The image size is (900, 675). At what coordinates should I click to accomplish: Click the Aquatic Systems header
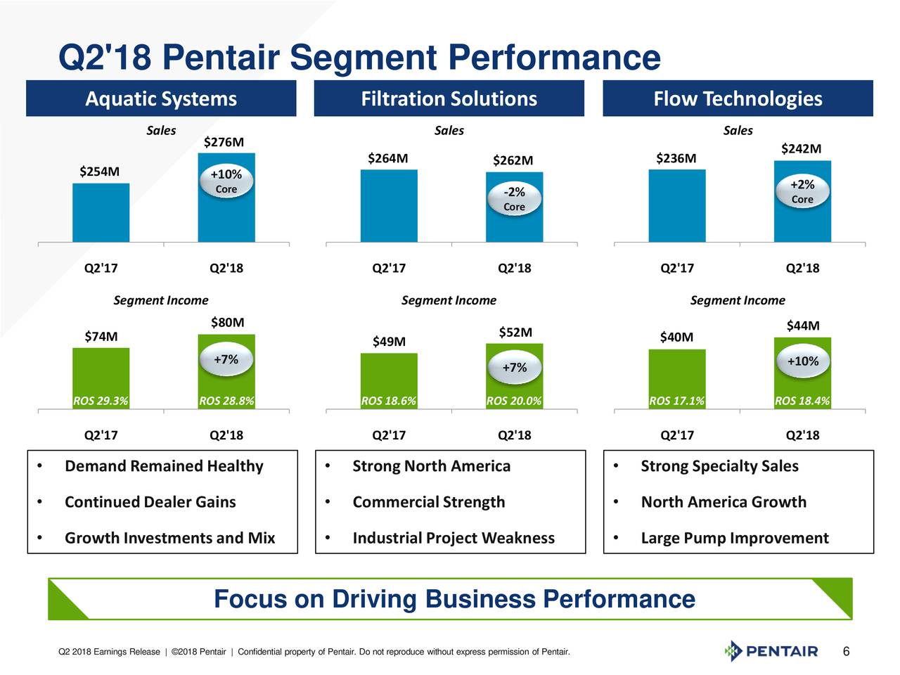click(161, 98)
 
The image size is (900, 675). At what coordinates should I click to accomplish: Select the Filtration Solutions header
click(449, 98)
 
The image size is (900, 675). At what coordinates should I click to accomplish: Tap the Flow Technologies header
click(738, 98)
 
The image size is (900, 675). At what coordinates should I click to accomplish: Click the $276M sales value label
click(224, 143)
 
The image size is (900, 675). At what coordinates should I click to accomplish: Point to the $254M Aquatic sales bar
click(101, 212)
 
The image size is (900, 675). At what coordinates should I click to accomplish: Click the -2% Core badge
click(514, 199)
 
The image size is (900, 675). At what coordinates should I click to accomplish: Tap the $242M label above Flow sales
click(801, 149)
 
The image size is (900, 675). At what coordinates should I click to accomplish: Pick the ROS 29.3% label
click(101, 401)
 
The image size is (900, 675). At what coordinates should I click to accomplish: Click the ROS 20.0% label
click(514, 401)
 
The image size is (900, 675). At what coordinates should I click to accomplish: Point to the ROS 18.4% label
click(802, 401)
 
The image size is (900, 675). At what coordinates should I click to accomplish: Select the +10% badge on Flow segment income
click(802, 361)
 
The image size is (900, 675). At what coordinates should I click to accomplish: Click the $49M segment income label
click(389, 342)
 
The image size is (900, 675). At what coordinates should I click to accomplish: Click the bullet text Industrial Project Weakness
click(454, 538)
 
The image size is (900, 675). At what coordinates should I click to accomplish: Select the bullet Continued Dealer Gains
click(150, 502)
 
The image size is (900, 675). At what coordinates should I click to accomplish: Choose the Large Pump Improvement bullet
click(735, 538)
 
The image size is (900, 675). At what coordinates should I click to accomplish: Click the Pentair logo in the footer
click(771, 651)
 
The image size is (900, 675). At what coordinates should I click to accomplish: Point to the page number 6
click(847, 652)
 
